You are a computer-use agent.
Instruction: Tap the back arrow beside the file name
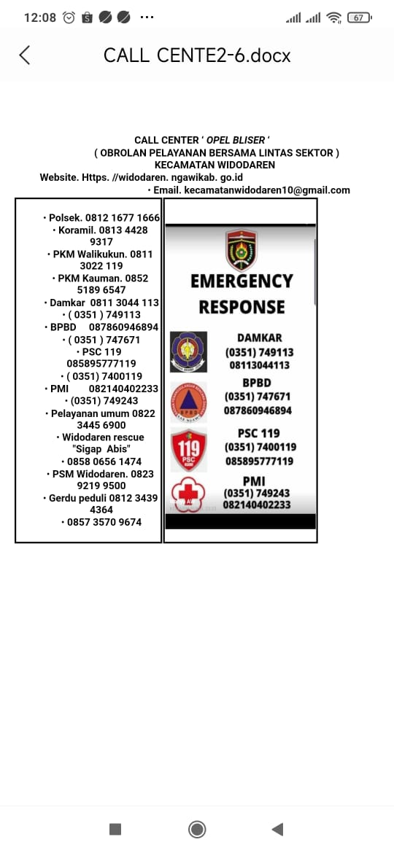tap(25, 55)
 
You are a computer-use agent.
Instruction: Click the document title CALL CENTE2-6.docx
tap(197, 55)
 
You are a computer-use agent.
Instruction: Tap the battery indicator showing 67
tap(359, 17)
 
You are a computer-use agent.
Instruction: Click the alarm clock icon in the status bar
tap(69, 17)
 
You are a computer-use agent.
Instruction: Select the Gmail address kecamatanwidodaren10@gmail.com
tap(266, 190)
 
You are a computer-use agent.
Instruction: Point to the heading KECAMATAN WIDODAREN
tap(215, 165)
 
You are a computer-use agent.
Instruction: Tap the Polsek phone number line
tap(101, 217)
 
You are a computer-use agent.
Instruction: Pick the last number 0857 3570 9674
tap(101, 522)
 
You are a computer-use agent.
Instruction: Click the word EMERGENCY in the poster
tap(242, 281)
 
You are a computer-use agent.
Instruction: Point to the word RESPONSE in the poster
tap(242, 307)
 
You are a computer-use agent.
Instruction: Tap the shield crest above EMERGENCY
tap(241, 249)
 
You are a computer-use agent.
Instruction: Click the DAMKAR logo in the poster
tap(188, 351)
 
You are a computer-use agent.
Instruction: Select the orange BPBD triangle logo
tap(188, 402)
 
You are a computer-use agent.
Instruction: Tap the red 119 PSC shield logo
tap(188, 449)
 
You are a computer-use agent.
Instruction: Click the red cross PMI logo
tap(188, 494)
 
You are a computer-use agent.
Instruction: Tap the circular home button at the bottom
tap(196, 829)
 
